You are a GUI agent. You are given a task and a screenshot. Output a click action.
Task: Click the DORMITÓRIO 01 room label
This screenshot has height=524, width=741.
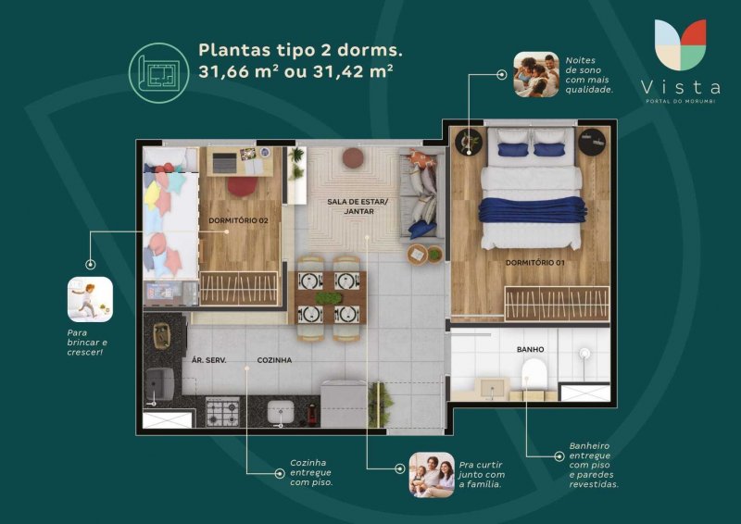coord(534,263)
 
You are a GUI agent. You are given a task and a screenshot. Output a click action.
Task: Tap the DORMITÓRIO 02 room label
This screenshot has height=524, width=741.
coord(238,220)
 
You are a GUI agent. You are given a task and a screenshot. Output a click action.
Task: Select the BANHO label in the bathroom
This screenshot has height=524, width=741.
coord(530,349)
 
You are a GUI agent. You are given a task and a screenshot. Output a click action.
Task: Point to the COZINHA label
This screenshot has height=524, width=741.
coord(274,360)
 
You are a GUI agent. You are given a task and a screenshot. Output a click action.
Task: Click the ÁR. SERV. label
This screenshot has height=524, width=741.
coord(209,360)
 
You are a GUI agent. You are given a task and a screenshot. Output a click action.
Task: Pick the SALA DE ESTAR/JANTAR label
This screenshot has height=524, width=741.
coord(358,206)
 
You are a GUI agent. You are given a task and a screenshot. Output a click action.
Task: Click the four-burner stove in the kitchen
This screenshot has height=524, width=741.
coord(222,412)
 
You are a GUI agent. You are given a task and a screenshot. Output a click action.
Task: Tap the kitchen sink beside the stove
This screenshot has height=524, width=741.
coord(281,412)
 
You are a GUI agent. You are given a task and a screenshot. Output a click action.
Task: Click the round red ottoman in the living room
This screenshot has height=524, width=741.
coord(353,158)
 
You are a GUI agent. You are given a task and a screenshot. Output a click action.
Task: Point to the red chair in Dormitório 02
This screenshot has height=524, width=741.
coord(243,186)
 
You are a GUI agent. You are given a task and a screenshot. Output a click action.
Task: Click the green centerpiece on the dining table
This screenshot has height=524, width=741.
coord(329,298)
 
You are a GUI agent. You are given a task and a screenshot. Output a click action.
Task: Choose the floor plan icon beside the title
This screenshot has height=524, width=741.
coord(158,73)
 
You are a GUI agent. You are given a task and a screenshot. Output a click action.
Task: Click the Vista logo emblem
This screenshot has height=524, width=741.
coord(681,44)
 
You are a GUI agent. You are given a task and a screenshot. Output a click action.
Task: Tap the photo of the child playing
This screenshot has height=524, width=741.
coord(90,300)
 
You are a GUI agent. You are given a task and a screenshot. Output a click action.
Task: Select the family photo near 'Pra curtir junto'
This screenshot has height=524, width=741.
coord(432,474)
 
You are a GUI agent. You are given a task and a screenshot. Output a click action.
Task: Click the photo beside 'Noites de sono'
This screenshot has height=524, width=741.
coord(536,75)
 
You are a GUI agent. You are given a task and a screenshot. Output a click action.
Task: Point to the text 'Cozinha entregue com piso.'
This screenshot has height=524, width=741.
coord(311,472)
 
